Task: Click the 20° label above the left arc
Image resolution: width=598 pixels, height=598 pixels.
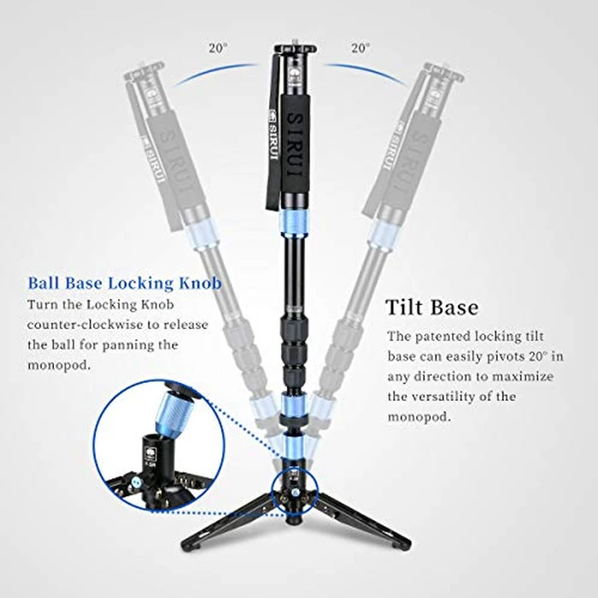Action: (x=217, y=49)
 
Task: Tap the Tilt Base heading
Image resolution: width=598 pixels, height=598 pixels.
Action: (x=431, y=307)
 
